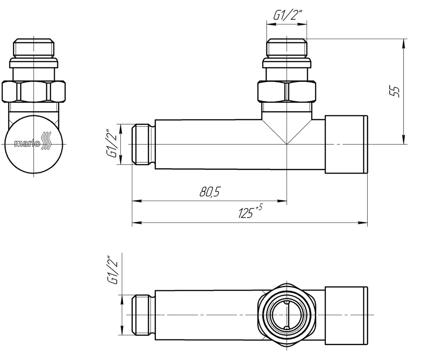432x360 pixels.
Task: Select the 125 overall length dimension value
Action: coord(246,213)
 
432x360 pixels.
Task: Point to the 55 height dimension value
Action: coord(394,91)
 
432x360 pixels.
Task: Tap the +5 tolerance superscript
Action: coord(259,207)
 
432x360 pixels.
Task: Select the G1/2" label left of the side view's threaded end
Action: coord(112,143)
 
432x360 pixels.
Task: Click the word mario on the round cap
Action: coord(27,144)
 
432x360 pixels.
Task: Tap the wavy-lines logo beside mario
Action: coord(46,140)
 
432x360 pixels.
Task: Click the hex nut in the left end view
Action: coord(34,91)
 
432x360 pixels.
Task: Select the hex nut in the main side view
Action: coord(287,91)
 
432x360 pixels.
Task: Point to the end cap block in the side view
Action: coord(346,144)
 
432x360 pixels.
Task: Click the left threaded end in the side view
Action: coord(143,144)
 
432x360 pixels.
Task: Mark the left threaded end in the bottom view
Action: coord(143,315)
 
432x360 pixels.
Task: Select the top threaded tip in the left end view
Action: coord(34,48)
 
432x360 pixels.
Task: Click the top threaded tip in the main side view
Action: coord(287,48)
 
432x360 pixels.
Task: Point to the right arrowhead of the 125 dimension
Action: coord(363,222)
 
